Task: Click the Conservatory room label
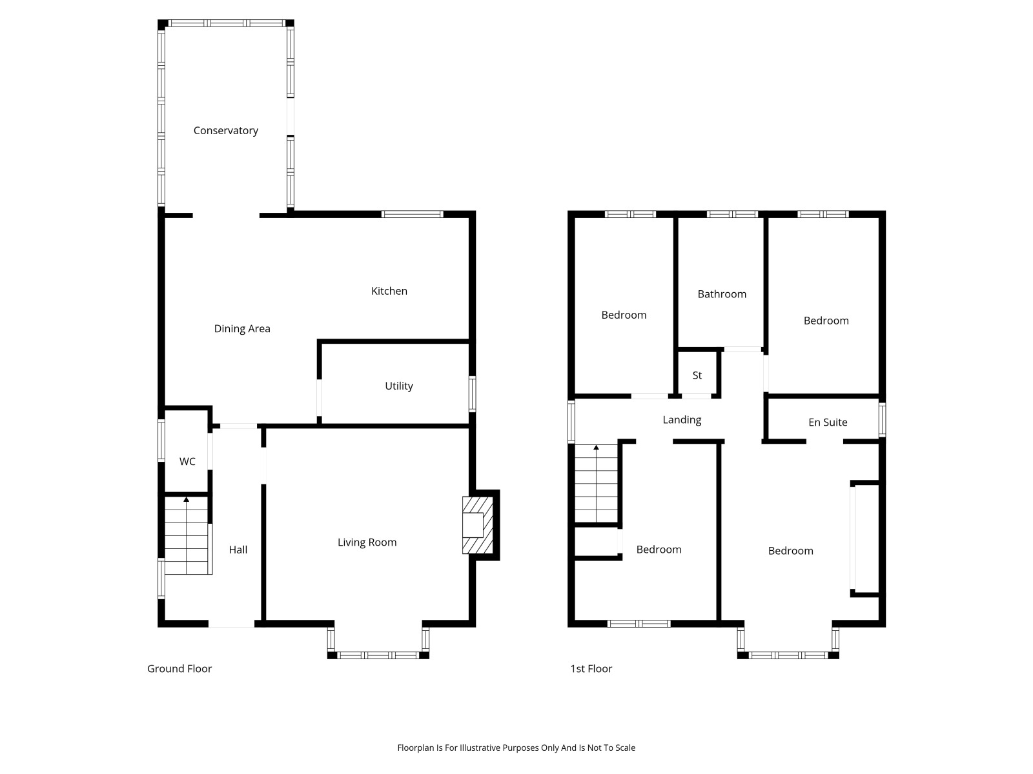pyautogui.click(x=225, y=131)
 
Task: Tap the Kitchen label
pyautogui.click(x=389, y=291)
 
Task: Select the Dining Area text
pyautogui.click(x=242, y=328)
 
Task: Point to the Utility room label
pyautogui.click(x=398, y=386)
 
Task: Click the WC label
pyautogui.click(x=187, y=461)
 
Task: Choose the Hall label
pyautogui.click(x=238, y=550)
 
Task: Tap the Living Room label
pyautogui.click(x=367, y=542)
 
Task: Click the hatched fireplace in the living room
pyautogui.click(x=478, y=525)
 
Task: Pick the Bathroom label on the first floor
pyautogui.click(x=722, y=294)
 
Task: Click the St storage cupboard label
pyautogui.click(x=697, y=375)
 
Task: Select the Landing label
pyautogui.click(x=682, y=420)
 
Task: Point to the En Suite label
pyautogui.click(x=828, y=422)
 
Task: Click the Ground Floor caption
pyautogui.click(x=179, y=669)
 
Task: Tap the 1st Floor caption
pyautogui.click(x=591, y=669)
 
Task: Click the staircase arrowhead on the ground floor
pyautogui.click(x=187, y=499)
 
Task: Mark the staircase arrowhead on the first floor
pyautogui.click(x=597, y=448)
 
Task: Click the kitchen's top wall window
pyautogui.click(x=413, y=214)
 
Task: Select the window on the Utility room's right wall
pyautogui.click(x=472, y=394)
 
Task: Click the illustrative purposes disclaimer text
pyautogui.click(x=516, y=748)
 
